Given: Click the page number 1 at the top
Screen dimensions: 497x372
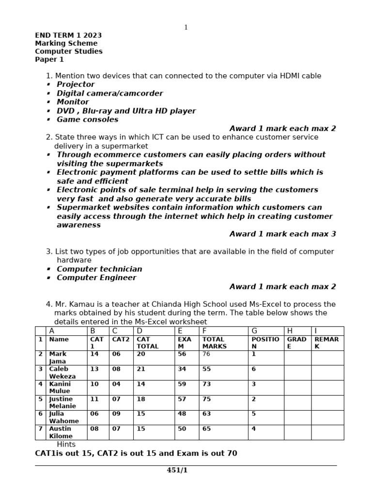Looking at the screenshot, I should tap(186, 28).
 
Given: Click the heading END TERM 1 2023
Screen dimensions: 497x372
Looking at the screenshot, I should tap(68, 35).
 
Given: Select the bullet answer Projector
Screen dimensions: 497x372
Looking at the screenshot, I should tap(76, 84).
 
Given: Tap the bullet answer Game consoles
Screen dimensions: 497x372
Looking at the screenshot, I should tap(87, 119).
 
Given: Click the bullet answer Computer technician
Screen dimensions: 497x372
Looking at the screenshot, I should tap(99, 269).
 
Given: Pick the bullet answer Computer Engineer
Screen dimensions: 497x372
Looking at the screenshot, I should tap(96, 278).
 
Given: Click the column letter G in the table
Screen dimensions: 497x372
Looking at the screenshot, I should tap(254, 331).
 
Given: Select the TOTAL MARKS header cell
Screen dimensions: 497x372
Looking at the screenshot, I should tap(214, 343).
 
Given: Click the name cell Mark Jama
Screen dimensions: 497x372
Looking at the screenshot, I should tap(58, 358).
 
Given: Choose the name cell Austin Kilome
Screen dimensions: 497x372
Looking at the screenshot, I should tap(60, 432).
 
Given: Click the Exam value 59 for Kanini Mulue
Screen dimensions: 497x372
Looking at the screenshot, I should tap(182, 384).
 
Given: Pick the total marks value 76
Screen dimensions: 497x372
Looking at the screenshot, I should tap(206, 354).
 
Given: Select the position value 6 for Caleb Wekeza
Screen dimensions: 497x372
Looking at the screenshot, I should tap(253, 369).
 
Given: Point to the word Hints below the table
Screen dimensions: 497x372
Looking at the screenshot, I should tap(66, 444).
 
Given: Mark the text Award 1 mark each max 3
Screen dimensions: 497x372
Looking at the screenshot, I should tap(282, 234).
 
